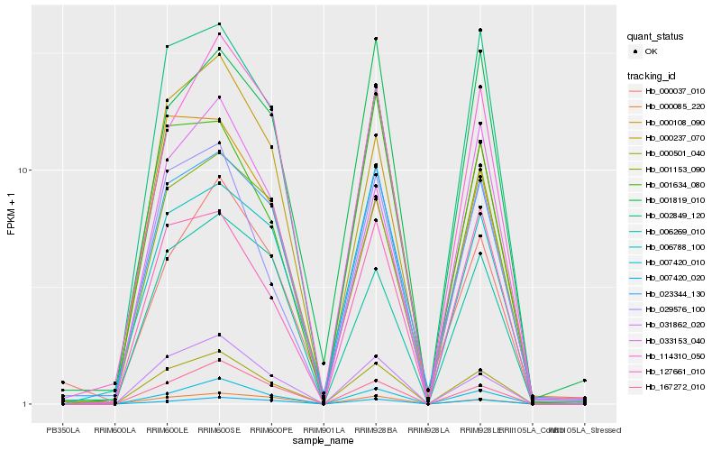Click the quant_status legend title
(x=656, y=37)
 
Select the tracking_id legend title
(x=653, y=75)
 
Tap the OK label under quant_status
(x=652, y=51)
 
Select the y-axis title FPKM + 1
(x=12, y=215)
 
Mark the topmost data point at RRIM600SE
(x=220, y=23)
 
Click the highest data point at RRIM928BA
(x=376, y=39)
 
